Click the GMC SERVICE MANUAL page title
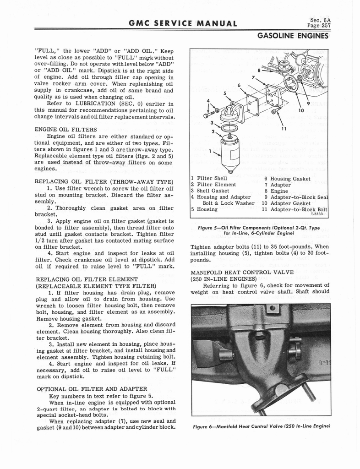[x=176, y=24]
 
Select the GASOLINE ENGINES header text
[x=293, y=36]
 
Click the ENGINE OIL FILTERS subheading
[x=66, y=130]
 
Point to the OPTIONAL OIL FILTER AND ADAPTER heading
[x=92, y=389]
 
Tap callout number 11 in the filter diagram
[x=284, y=129]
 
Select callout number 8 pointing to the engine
[x=259, y=71]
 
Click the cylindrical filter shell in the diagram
[x=229, y=153]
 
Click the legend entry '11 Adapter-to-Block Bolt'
[x=295, y=209]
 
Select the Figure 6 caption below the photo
[x=260, y=426]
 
